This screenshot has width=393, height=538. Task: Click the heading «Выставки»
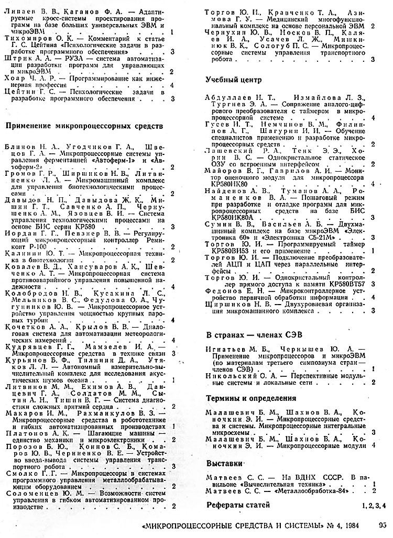224,464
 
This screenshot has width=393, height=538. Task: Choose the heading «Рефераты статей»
238,505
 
